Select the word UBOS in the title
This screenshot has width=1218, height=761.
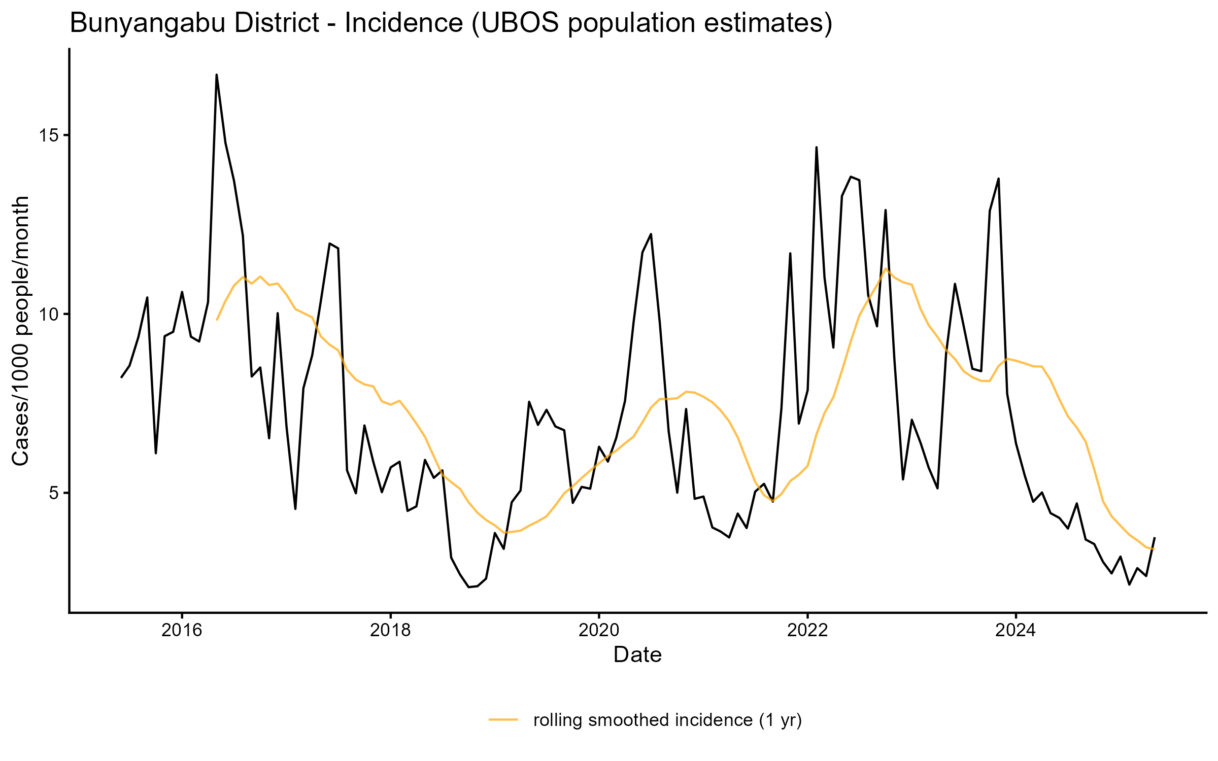(x=518, y=24)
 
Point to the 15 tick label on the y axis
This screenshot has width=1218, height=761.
(x=50, y=135)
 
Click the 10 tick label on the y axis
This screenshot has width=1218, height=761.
(x=50, y=315)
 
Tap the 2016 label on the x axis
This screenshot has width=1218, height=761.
(x=182, y=630)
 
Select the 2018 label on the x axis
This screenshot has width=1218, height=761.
(x=390, y=630)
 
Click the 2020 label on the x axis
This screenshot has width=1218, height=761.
(x=599, y=630)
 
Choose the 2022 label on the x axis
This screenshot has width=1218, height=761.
(x=807, y=630)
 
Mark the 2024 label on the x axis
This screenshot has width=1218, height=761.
(x=1016, y=630)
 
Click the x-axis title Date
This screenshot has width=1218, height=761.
(x=637, y=655)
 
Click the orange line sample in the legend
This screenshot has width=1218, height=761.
(x=503, y=719)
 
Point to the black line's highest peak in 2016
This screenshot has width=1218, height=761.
(x=217, y=75)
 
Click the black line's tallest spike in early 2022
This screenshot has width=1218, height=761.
(x=816, y=148)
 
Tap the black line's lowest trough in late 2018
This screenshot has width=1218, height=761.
(x=469, y=587)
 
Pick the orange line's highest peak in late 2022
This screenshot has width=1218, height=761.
(x=886, y=268)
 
